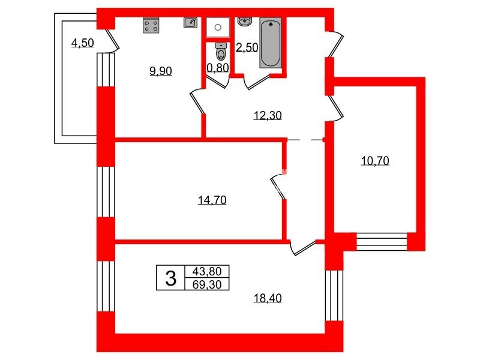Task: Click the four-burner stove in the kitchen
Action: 151,26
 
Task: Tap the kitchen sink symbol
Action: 190,23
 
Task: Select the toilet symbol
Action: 221,51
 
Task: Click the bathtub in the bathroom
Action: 271,42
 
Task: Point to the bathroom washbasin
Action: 245,22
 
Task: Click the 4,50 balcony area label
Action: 82,43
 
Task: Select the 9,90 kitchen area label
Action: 160,71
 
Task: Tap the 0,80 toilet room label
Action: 218,68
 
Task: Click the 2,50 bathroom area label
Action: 247,47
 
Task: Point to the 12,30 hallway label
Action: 268,116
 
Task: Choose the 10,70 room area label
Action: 375,161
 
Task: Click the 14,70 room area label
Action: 212,200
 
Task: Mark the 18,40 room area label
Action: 268,298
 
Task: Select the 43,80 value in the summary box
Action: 207,271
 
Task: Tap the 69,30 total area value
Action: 207,284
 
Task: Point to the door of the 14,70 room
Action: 278,187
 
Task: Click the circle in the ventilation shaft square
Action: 218,28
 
